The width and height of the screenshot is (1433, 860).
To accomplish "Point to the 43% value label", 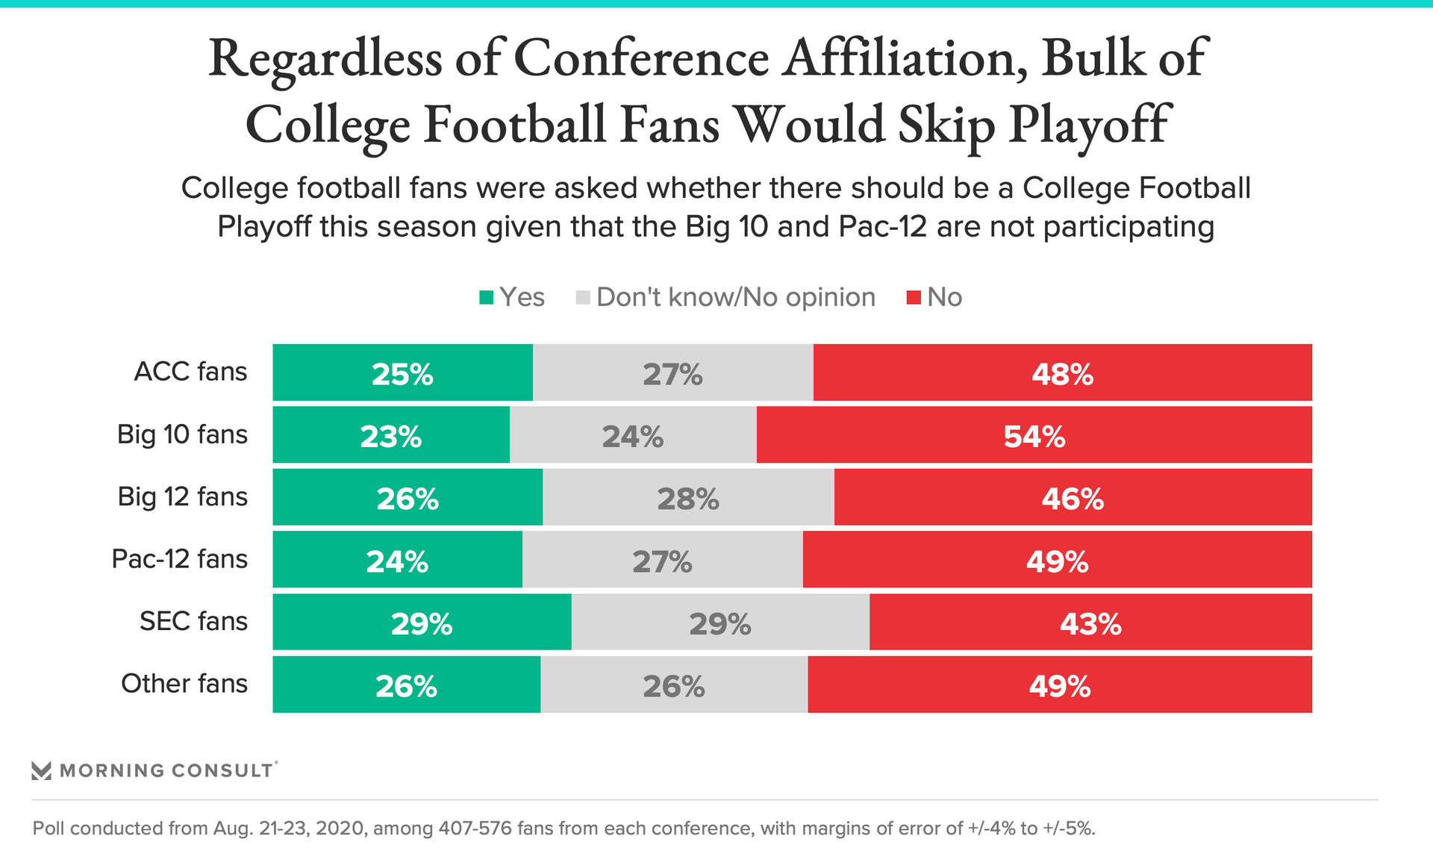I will pos(1090,624).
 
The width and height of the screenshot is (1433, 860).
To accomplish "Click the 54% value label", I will pos(1034,437).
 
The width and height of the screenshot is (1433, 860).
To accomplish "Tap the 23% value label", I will pos(390,437).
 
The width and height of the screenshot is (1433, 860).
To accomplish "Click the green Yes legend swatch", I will pos(487,298).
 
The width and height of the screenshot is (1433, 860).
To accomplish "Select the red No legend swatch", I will pos(914,298).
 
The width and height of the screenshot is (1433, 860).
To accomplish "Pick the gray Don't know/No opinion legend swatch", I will pos(583,298).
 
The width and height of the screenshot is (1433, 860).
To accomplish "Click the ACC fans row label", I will pos(190,372).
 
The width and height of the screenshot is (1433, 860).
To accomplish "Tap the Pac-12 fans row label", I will pos(179,559).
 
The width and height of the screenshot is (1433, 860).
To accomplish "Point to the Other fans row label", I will pos(184,684).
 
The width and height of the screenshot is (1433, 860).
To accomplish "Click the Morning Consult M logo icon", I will pos(42,770).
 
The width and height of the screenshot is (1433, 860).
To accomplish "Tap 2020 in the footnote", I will pos(340,829).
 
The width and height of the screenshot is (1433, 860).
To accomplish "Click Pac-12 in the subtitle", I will pos(883,226).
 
